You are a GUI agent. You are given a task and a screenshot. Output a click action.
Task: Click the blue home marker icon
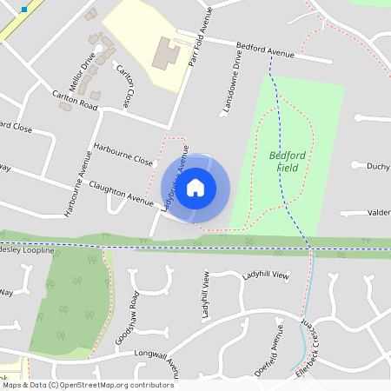click(x=195, y=187)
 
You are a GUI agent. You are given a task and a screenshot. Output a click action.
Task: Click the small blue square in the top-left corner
click(x=24, y=9)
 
